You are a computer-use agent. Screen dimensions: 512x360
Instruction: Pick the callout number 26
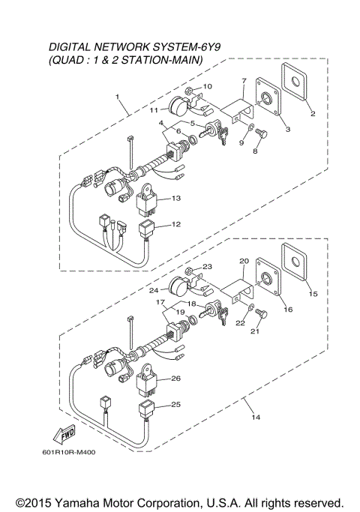coord(175,379)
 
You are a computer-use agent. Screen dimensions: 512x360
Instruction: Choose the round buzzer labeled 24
coord(180,286)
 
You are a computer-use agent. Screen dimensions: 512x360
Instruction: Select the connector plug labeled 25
coord(145,409)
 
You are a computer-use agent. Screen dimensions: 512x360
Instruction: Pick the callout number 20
coord(243,262)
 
